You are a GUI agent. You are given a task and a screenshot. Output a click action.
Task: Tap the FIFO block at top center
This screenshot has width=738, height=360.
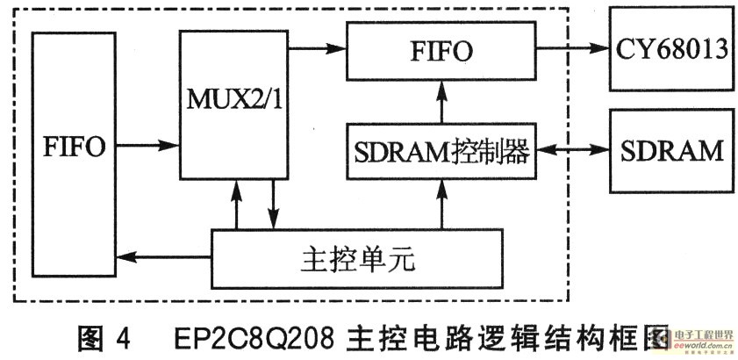coord(441,50)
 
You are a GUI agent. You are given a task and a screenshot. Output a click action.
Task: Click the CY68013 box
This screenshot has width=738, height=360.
coord(671,49)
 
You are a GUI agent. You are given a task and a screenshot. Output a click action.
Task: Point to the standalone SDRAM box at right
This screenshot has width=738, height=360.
coord(671,151)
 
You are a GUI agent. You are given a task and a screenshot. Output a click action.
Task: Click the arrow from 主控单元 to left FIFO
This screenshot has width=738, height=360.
coord(166,256)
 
